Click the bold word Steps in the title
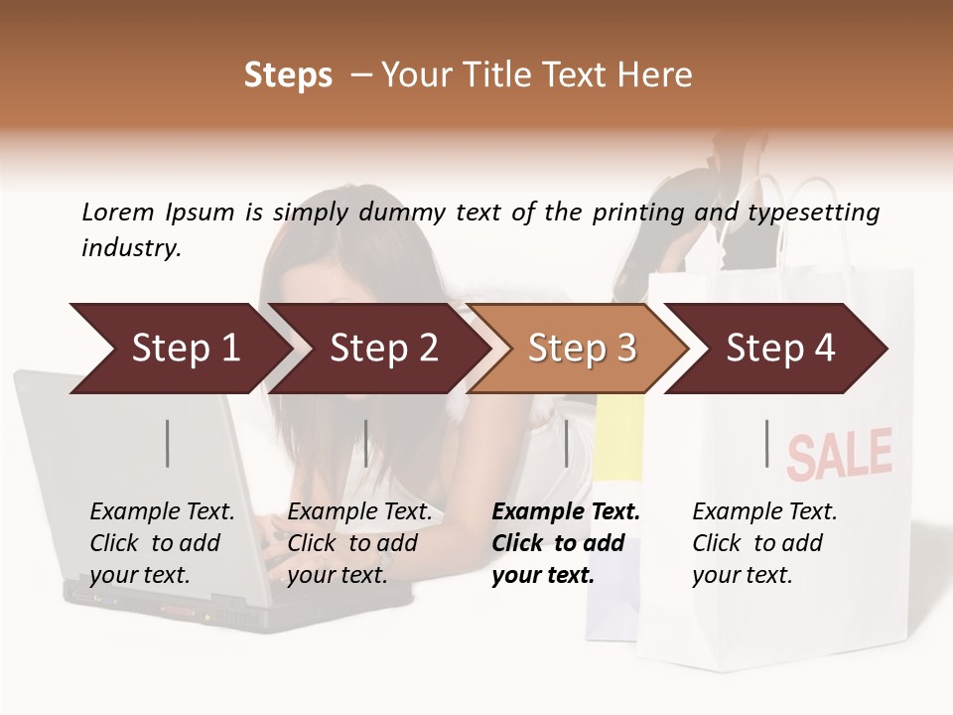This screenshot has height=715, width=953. [x=288, y=75]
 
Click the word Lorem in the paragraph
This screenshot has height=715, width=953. [x=118, y=212]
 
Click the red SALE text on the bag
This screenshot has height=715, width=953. [x=840, y=454]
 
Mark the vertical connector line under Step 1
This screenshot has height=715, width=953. [x=167, y=443]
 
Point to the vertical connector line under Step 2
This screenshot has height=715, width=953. [x=365, y=443]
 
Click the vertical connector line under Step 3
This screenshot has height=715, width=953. [x=566, y=443]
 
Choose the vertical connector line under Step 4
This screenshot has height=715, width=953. [x=766, y=443]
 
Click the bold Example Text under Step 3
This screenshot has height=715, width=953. [x=566, y=512]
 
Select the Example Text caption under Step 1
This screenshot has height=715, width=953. [x=162, y=512]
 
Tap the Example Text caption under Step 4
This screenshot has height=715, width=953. [x=764, y=512]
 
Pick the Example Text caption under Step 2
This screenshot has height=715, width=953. [x=359, y=512]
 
